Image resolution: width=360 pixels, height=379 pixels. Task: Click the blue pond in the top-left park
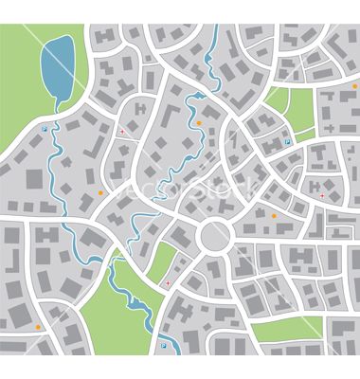click(x=57, y=68)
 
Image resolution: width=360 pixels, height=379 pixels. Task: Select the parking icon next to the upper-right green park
click(x=286, y=142)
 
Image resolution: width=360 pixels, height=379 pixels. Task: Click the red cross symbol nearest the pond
click(x=122, y=132)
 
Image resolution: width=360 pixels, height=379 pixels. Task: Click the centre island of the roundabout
click(x=216, y=233)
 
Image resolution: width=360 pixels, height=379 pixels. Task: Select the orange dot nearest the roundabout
click(x=275, y=217)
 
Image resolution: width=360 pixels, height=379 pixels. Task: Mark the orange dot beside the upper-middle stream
click(x=200, y=122)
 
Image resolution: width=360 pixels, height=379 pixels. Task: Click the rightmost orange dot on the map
click(x=275, y=217)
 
